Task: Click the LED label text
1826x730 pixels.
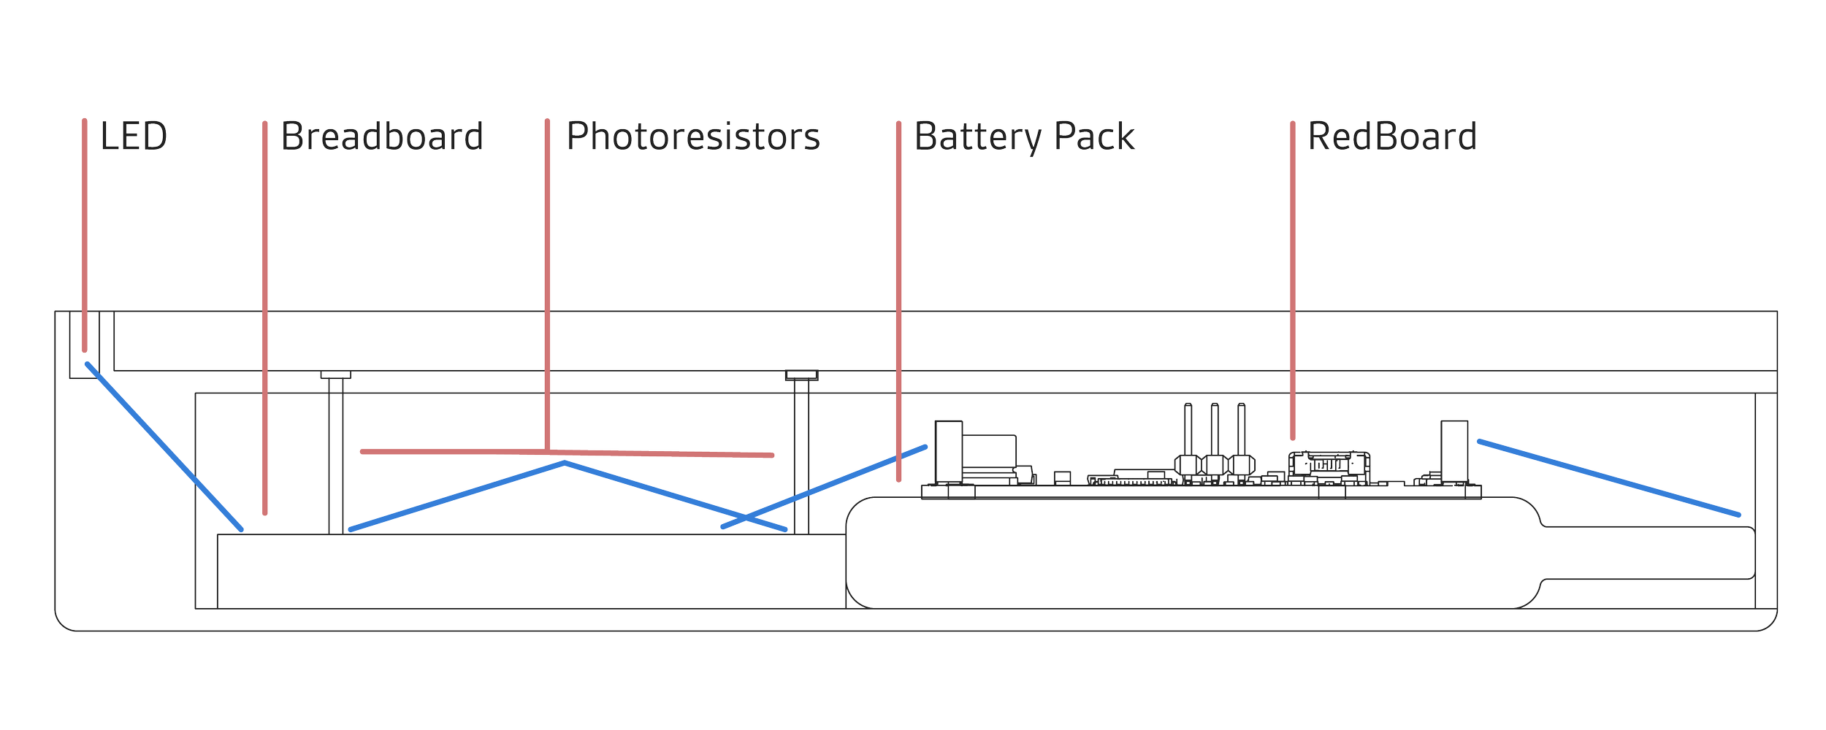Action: [134, 137]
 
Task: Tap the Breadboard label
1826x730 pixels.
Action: [383, 137]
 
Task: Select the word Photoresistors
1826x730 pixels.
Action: [693, 137]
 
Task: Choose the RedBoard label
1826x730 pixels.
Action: [1392, 137]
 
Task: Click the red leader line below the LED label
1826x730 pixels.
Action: [85, 234]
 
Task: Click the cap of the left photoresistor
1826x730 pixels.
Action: [336, 375]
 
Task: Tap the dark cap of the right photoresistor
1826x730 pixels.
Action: [802, 376]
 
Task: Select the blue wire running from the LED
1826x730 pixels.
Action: [164, 446]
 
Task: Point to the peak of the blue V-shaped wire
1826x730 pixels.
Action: [565, 463]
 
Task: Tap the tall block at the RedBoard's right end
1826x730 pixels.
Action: [1454, 450]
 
